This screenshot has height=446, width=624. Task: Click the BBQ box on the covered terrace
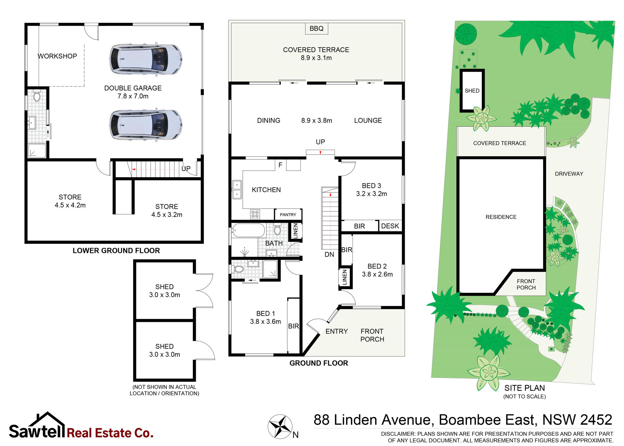[316, 28]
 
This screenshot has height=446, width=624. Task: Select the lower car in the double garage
[146, 125]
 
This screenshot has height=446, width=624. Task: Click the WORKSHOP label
[57, 56]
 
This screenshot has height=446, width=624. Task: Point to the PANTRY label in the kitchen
[288, 215]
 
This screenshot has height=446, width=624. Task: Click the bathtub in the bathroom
[249, 230]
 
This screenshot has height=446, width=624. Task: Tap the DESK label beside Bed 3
[390, 226]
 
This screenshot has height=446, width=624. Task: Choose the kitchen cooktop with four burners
[255, 214]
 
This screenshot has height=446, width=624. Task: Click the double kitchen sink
[237, 190]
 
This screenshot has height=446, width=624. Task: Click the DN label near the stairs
[329, 255]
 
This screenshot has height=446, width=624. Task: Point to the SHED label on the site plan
[472, 91]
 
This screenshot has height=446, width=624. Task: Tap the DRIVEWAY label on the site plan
[569, 174]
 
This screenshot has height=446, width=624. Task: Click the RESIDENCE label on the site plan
[501, 217]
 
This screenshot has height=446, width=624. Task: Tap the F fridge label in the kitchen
[280, 165]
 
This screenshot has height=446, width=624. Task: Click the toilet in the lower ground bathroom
[37, 96]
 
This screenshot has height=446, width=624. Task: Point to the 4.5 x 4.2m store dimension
[70, 205]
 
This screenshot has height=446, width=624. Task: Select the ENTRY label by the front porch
[336, 331]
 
